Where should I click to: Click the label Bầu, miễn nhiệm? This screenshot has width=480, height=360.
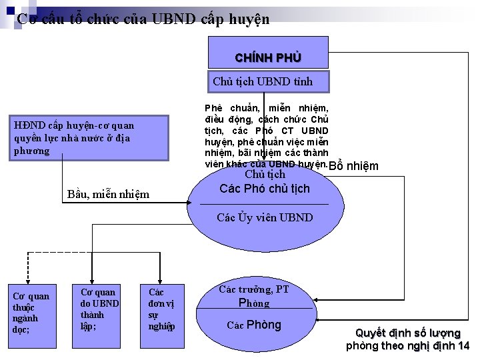pyautogui.click(x=109, y=195)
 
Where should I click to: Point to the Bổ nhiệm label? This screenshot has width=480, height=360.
pyautogui.click(x=354, y=167)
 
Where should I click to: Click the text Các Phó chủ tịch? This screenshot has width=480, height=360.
pyautogui.click(x=265, y=189)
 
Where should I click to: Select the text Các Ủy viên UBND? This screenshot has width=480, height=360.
pyautogui.click(x=265, y=218)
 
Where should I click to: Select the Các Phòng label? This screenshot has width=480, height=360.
pyautogui.click(x=254, y=325)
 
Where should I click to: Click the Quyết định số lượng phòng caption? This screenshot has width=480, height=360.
pyautogui.click(x=407, y=339)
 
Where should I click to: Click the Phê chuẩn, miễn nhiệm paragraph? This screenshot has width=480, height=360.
pyautogui.click(x=266, y=135)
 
